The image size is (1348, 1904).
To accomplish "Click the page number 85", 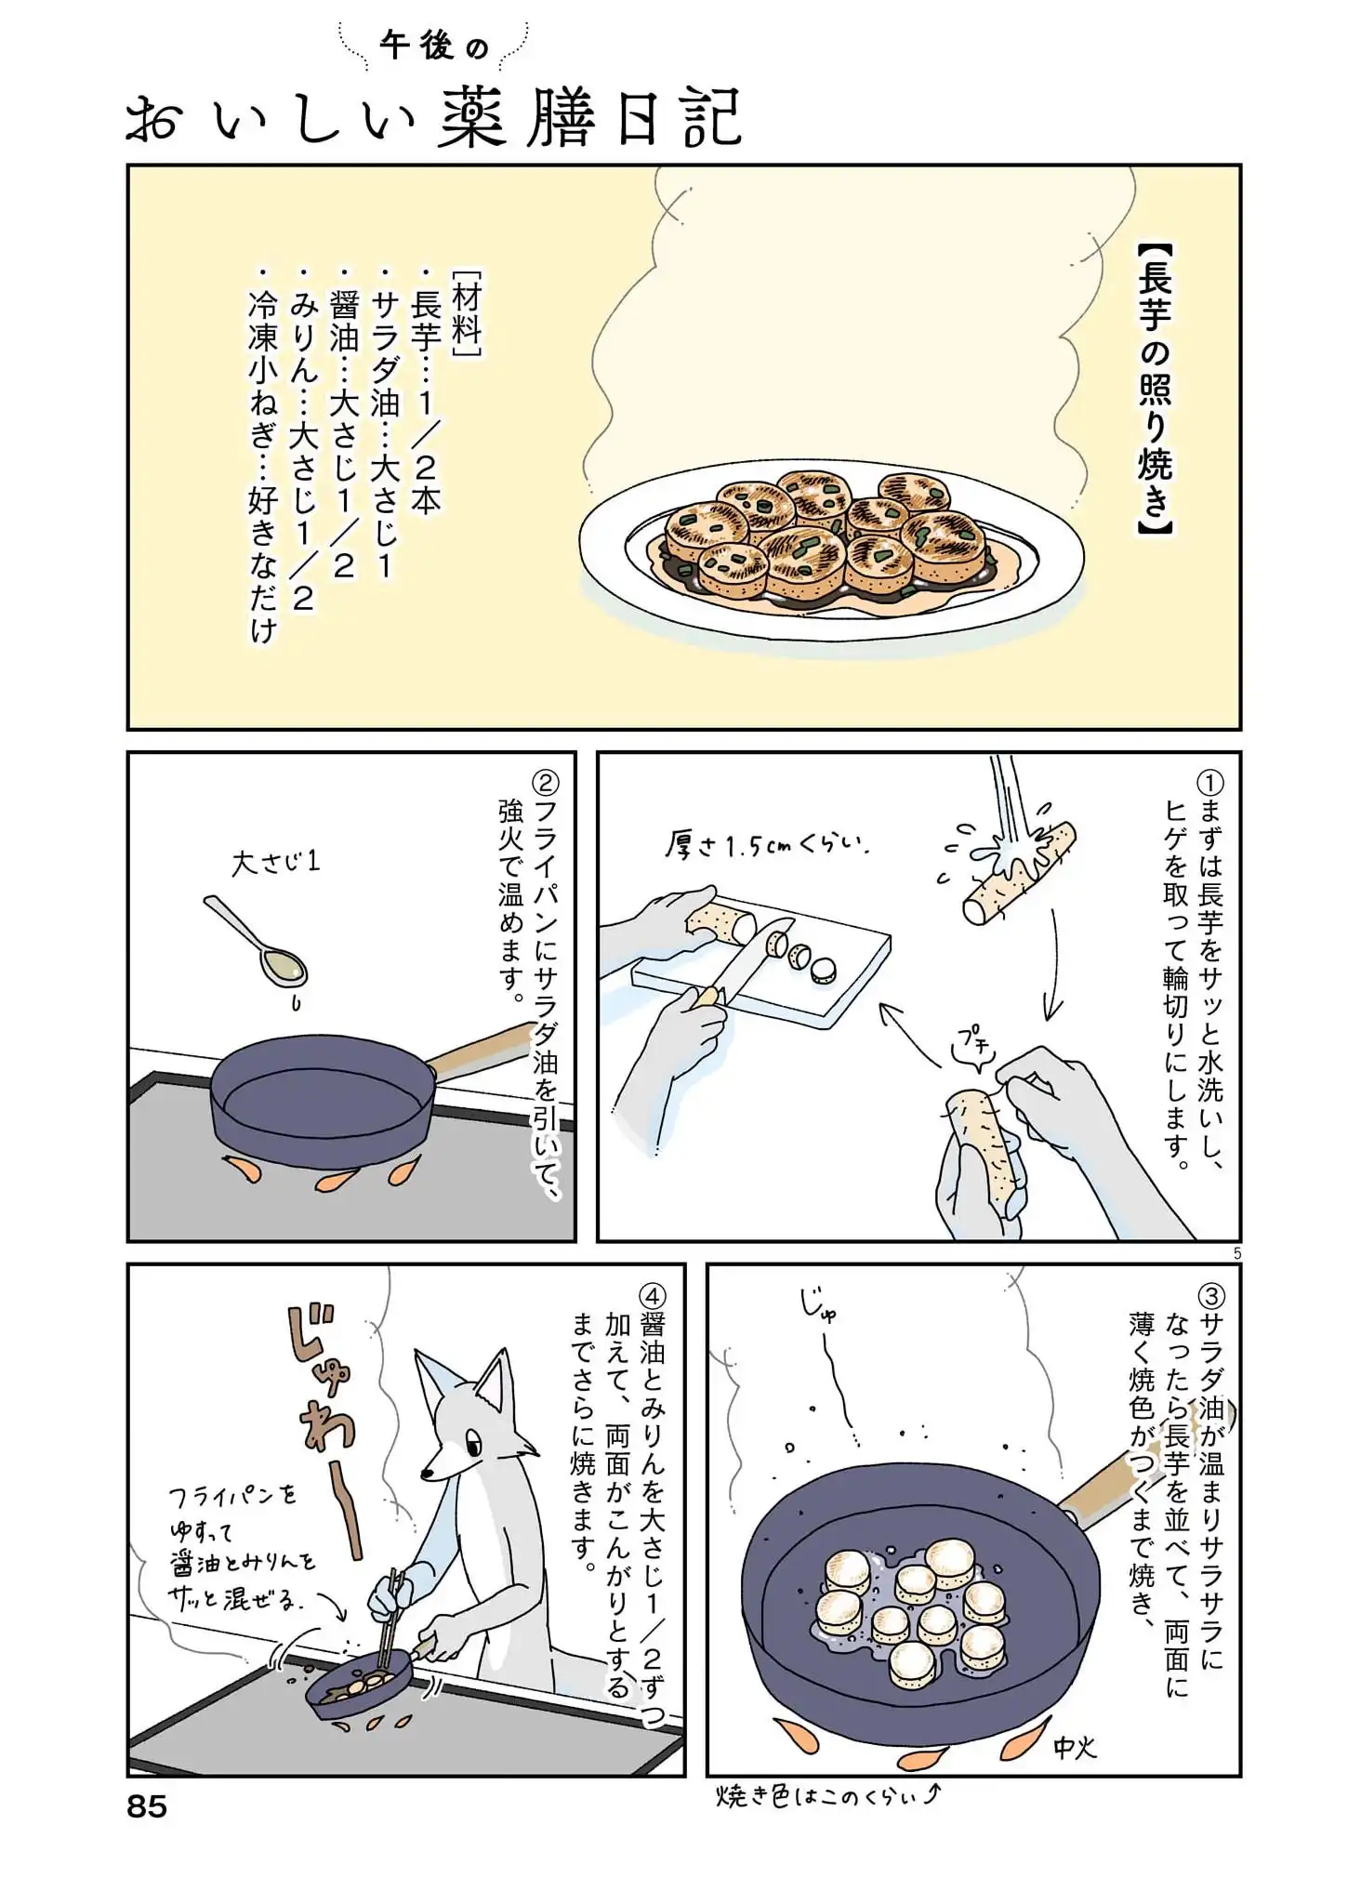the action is pyautogui.click(x=147, y=1806).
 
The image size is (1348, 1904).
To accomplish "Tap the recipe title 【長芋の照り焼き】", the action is pyautogui.click(x=1156, y=390).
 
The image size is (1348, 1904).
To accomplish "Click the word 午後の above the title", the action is pyautogui.click(x=434, y=46).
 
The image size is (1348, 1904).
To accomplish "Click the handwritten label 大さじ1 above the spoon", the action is pyautogui.click(x=275, y=863).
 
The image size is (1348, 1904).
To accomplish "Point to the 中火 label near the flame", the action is pyautogui.click(x=1076, y=1748).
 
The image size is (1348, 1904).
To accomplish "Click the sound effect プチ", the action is pyautogui.click(x=973, y=1038).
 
